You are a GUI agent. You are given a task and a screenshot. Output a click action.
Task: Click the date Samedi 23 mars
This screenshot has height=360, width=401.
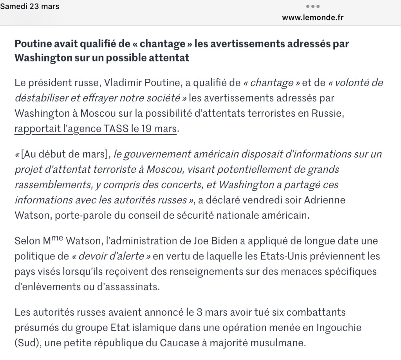point(30,7)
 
